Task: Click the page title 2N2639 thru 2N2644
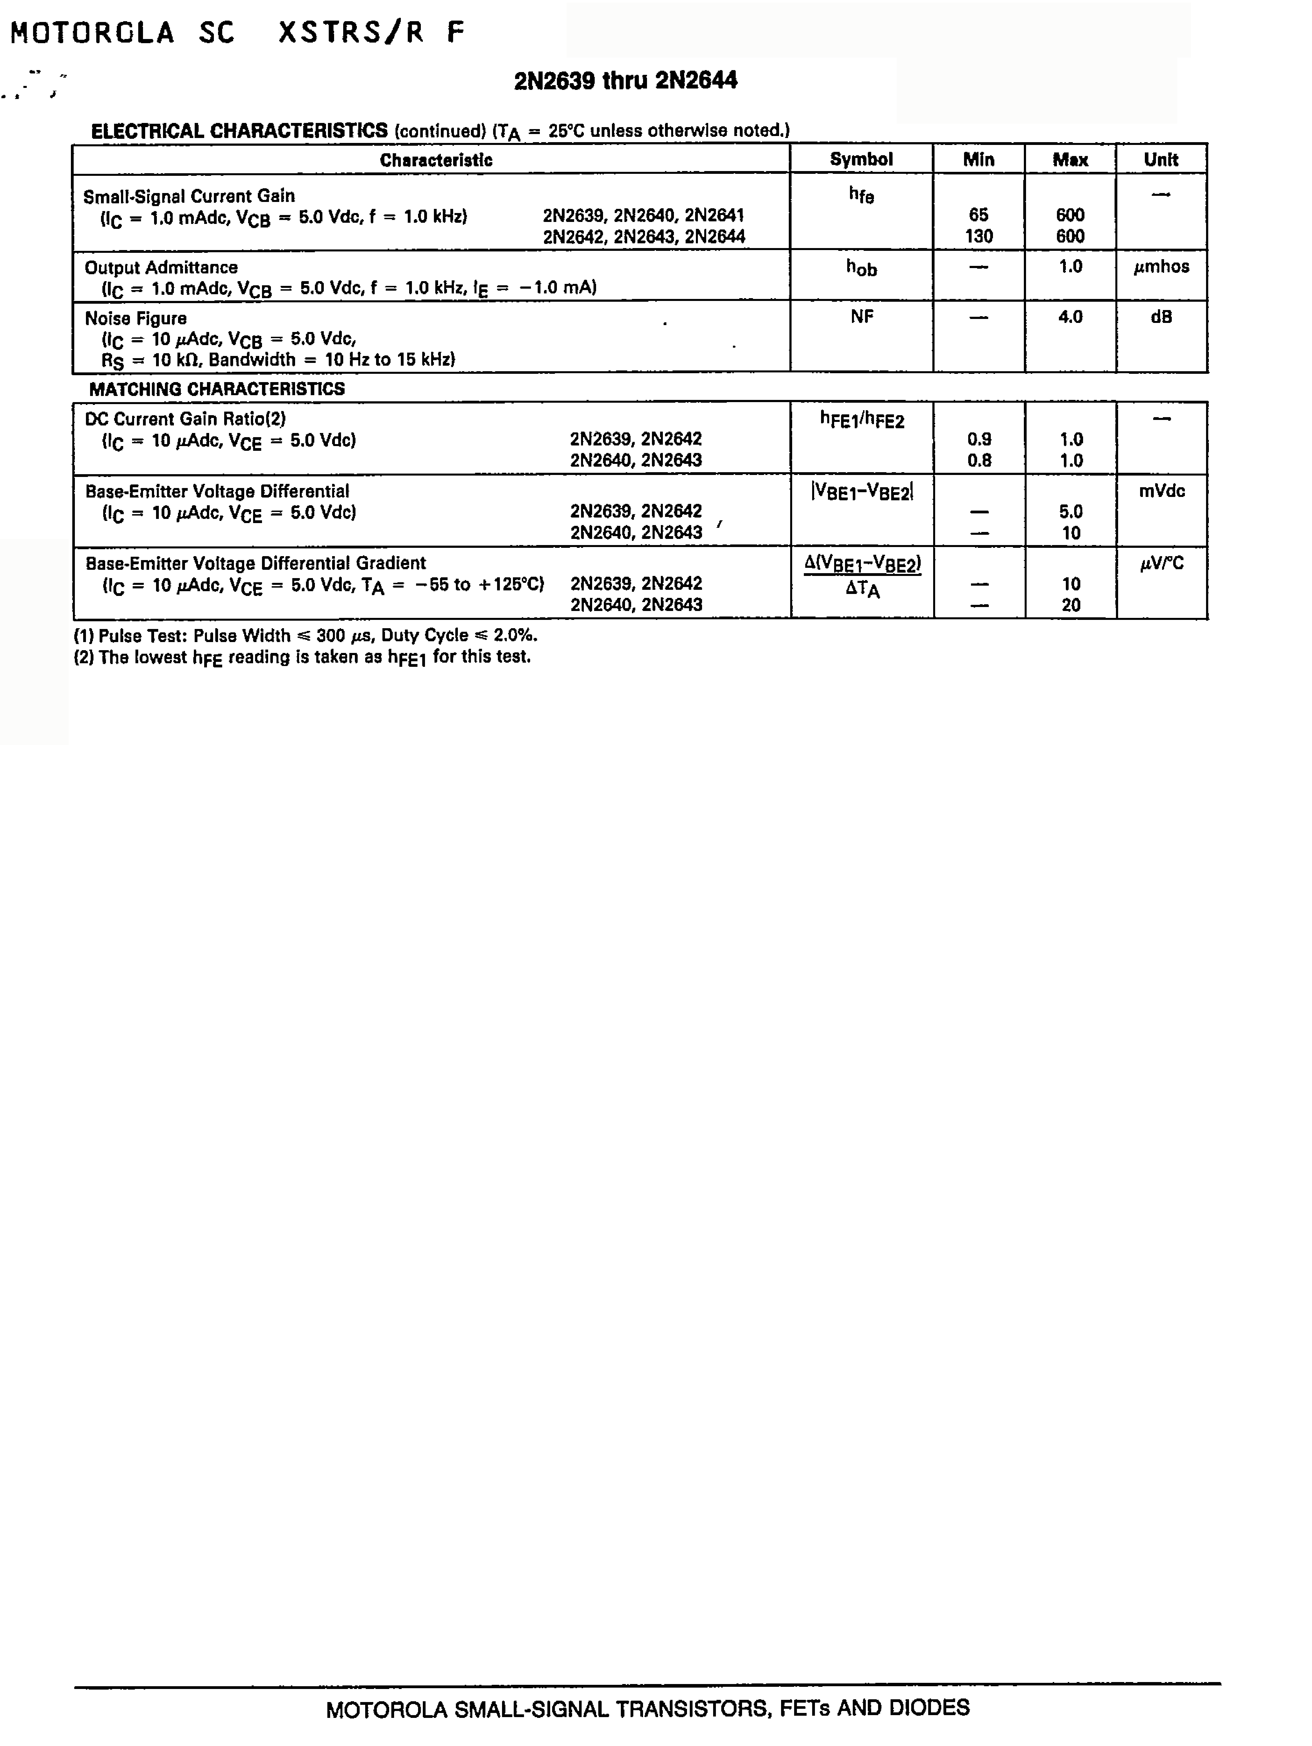pyautogui.click(x=625, y=81)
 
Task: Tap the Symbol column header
pyautogui.click(x=860, y=159)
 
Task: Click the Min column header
pyautogui.click(x=978, y=159)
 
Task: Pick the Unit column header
pyautogui.click(x=1161, y=159)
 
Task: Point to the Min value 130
pyautogui.click(x=978, y=236)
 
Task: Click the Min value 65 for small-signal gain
pyautogui.click(x=978, y=215)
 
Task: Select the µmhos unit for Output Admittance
pyautogui.click(x=1161, y=267)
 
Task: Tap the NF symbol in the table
pyautogui.click(x=861, y=317)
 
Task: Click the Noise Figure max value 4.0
pyautogui.click(x=1070, y=317)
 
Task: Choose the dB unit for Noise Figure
pyautogui.click(x=1161, y=317)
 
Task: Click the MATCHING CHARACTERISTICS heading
pyautogui.click(x=217, y=389)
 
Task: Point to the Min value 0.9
pyautogui.click(x=979, y=440)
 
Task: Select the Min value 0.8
pyautogui.click(x=979, y=460)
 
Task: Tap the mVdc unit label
pyautogui.click(x=1161, y=491)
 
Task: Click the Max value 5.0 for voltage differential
pyautogui.click(x=1070, y=512)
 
